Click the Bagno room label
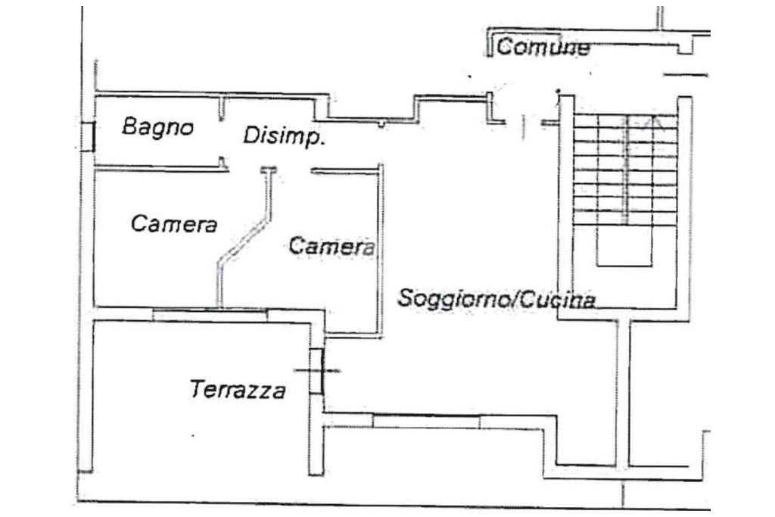coord(157,127)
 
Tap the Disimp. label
coord(284,136)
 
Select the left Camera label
coord(173,224)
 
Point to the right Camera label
coord(331,246)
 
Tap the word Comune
coord(543,48)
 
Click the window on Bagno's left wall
coord(88,136)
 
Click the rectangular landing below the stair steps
coord(624,249)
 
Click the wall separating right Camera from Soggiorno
coord(381,250)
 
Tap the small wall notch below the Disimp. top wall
coord(383,122)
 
